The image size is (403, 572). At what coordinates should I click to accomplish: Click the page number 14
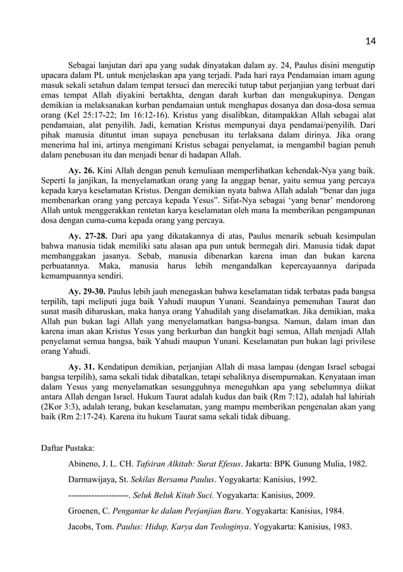(371, 41)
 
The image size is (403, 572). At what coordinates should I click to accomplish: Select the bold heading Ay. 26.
(81, 171)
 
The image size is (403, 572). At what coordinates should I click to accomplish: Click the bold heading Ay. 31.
(81, 367)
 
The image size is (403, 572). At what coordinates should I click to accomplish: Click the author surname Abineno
(84, 464)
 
